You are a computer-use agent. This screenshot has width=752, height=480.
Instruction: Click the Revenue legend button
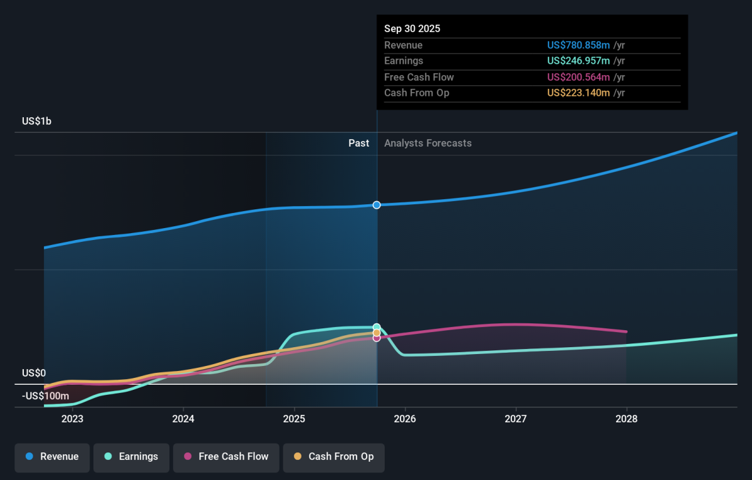point(52,457)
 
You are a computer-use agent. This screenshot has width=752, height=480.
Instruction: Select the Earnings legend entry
point(131,457)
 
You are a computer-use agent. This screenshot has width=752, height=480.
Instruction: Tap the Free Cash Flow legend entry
point(226,457)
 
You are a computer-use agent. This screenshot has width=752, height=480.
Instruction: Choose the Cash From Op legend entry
point(333,457)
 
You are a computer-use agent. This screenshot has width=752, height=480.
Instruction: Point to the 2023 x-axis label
point(72,419)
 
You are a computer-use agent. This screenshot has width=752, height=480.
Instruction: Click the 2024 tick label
point(183,419)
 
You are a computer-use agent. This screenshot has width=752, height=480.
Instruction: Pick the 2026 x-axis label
point(405,419)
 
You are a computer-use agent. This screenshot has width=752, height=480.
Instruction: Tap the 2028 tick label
point(627,419)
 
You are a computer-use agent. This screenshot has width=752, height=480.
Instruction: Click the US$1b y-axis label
point(36,121)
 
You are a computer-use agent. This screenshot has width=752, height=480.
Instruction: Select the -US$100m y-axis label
point(45,396)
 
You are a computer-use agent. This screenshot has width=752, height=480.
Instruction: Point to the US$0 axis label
point(34,373)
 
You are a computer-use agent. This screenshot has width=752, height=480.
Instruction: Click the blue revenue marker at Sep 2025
point(377,205)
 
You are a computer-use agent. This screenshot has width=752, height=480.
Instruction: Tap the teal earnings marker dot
point(377,327)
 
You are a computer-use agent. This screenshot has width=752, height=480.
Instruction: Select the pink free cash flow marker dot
point(377,338)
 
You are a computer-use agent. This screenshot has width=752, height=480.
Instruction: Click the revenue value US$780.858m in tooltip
point(578,45)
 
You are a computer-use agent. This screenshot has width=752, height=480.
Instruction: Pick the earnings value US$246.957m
point(578,61)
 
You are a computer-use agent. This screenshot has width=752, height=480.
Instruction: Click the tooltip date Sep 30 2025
point(412,29)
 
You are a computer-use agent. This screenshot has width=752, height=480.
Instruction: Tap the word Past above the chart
point(358,143)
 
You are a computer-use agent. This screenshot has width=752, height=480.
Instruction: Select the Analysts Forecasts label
point(427,143)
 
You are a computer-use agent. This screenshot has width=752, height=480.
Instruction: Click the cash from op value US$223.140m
point(578,93)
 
